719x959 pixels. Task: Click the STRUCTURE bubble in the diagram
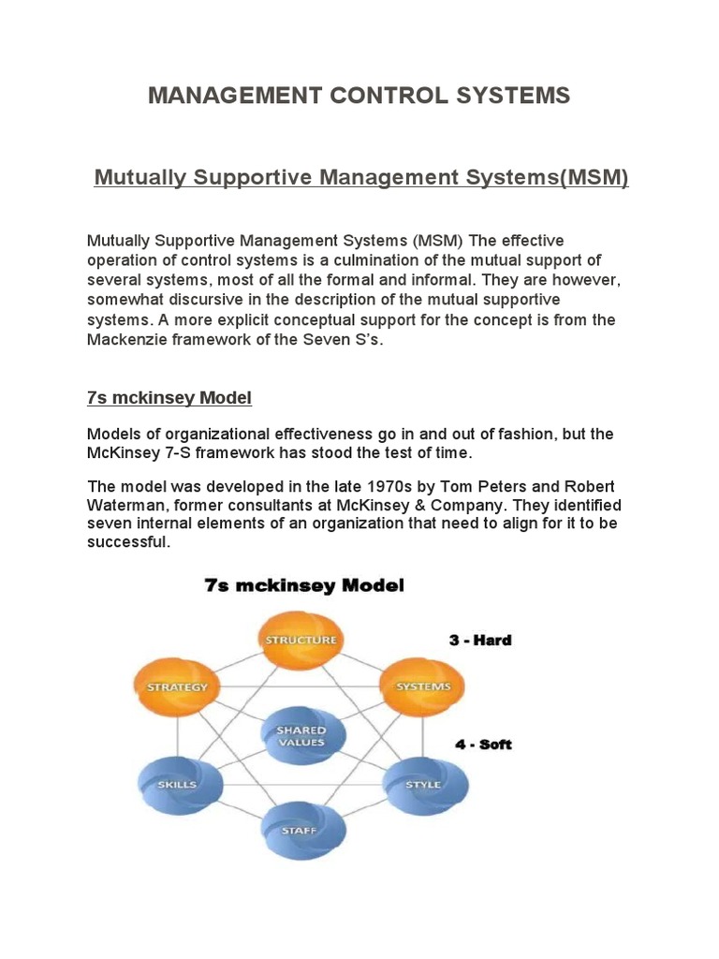[x=301, y=641]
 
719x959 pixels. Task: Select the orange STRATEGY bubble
[x=177, y=686]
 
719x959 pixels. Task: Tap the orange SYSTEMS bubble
[x=423, y=686]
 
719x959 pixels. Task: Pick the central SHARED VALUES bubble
[x=301, y=735]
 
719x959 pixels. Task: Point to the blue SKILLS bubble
[x=177, y=783]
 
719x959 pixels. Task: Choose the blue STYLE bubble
[x=423, y=783]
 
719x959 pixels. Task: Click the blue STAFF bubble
[x=301, y=831]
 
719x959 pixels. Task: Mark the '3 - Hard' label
[x=480, y=641]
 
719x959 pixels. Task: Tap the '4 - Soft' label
[x=483, y=745]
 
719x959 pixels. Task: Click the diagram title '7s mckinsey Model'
[x=304, y=586]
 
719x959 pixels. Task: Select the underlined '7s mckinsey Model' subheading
[x=169, y=397]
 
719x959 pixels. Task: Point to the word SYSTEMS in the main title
[x=513, y=96]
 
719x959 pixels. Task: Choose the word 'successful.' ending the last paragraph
[x=128, y=542]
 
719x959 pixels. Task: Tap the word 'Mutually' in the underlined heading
[x=140, y=177]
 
